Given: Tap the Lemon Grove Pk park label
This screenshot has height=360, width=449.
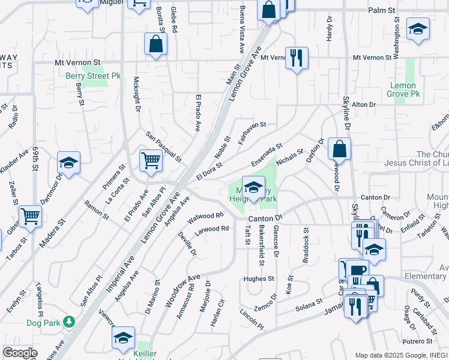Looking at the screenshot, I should pos(402,89).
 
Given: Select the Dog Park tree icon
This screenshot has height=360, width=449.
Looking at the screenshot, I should pos(70,322).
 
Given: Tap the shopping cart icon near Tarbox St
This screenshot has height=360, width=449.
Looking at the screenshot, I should pos(30,216).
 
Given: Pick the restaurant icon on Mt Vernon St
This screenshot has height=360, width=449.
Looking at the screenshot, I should pos(297,58).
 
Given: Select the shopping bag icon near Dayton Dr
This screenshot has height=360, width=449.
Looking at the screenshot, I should pos(339,148).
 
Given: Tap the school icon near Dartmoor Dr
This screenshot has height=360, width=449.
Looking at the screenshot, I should pos(69,162).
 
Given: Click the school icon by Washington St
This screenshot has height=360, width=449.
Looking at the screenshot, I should pos(418,28).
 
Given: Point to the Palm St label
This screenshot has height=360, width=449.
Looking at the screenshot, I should pos(382,11).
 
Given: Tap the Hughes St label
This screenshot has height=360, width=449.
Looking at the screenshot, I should pos(259,279).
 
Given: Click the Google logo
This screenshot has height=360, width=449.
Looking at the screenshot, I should pos(20,353).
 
